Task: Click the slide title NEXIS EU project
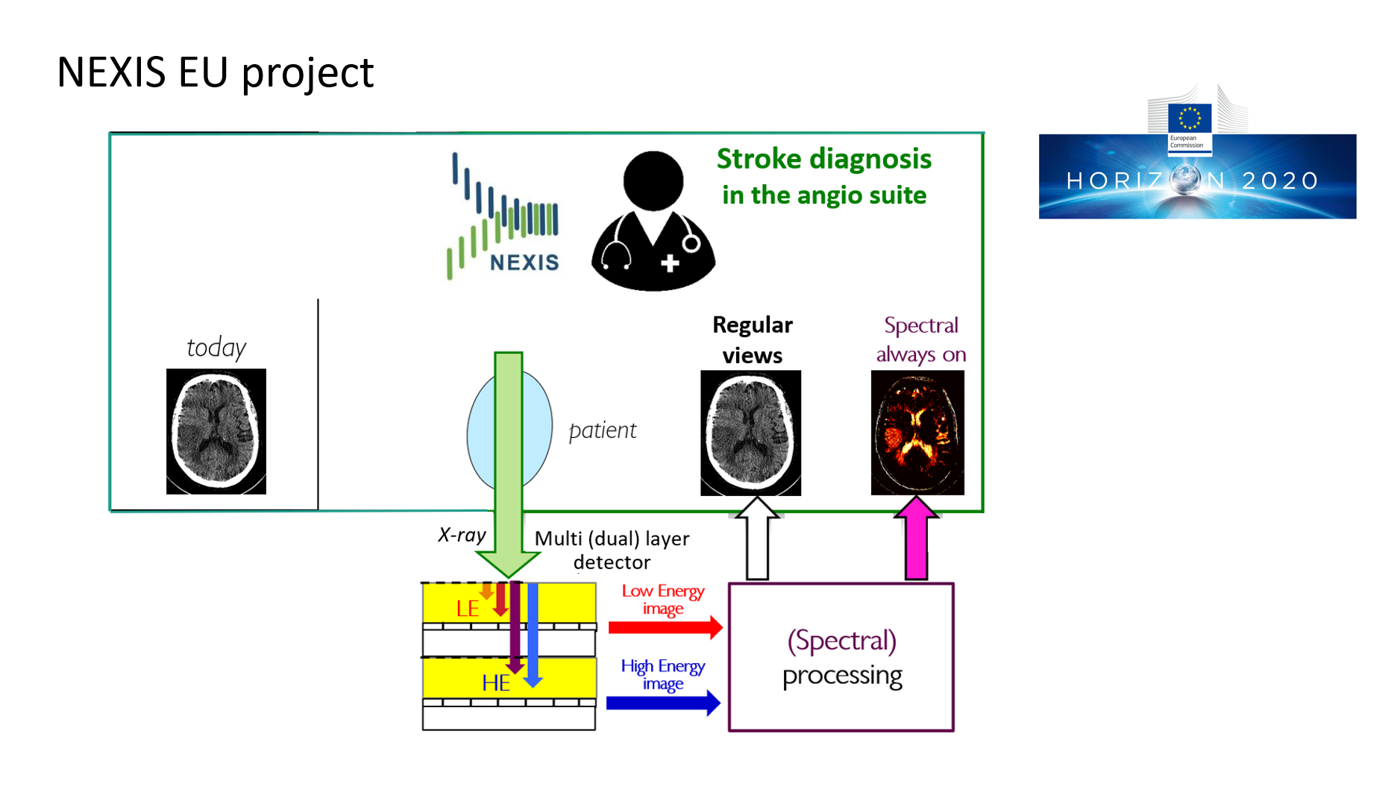[215, 72]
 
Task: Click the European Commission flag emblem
[1189, 118]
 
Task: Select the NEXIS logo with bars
[503, 216]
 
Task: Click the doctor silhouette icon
[653, 222]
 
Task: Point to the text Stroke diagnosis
[823, 159]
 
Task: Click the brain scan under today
[216, 431]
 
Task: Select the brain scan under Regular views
[750, 433]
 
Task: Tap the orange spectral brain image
[917, 433]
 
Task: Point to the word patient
[603, 430]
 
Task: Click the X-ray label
[462, 535]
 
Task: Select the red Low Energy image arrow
[665, 627]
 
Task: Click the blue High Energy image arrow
[663, 702]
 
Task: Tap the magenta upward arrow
[916, 539]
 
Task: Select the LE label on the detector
[468, 609]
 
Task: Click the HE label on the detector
[496, 683]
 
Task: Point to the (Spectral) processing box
[841, 657]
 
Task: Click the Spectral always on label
[920, 339]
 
